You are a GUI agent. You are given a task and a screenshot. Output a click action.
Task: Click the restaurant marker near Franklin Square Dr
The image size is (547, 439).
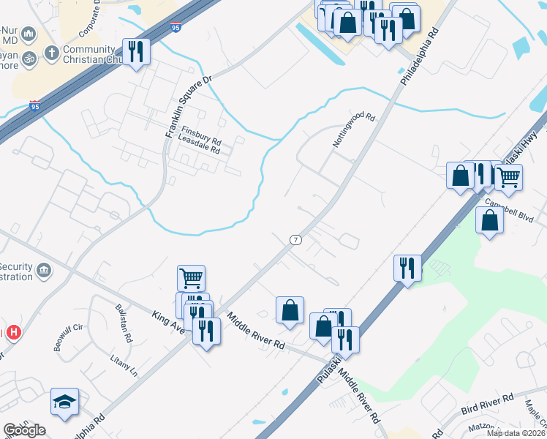(x=136, y=52)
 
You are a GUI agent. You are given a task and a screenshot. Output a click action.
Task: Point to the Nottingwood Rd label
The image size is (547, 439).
(x=354, y=130)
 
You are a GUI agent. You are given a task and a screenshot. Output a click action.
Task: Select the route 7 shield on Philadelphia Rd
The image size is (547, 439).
(x=295, y=239)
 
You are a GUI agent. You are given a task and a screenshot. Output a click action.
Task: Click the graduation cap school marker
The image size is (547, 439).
(x=64, y=402)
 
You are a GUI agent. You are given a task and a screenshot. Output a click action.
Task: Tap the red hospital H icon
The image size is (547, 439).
(x=13, y=333)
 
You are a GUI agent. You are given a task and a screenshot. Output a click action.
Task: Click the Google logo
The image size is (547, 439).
(x=24, y=430)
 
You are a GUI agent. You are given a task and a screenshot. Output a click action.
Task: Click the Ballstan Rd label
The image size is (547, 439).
(x=121, y=323)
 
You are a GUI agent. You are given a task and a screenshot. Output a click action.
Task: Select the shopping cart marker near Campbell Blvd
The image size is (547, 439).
(x=508, y=176)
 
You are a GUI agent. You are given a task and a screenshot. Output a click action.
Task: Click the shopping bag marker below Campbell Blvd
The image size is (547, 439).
(x=489, y=219)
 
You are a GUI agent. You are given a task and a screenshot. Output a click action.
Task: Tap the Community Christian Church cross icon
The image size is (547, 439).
(x=51, y=53)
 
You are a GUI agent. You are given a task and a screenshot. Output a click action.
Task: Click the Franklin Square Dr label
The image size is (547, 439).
(x=188, y=105)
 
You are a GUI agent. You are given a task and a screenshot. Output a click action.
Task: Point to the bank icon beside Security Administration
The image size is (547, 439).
(x=44, y=271)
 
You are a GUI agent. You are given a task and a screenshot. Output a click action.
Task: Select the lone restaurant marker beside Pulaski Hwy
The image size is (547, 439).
(x=407, y=268)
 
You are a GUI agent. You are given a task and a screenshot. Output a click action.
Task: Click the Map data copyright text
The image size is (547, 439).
(x=518, y=434)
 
